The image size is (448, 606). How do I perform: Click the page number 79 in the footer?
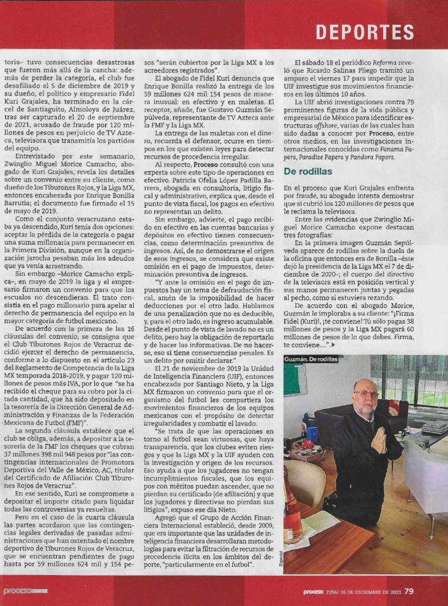tap(409, 591)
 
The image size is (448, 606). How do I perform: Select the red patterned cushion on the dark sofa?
tap(393, 407)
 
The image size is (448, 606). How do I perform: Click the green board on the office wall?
tap(295, 379)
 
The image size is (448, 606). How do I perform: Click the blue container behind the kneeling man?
tap(312, 435)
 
